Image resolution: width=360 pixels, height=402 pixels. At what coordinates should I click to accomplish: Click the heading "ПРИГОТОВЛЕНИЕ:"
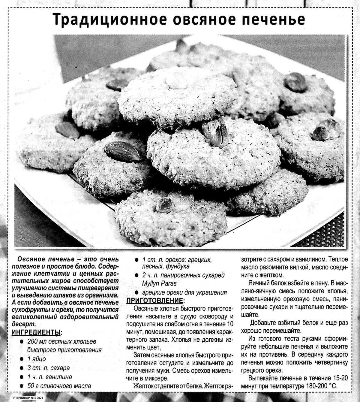coord(154,301)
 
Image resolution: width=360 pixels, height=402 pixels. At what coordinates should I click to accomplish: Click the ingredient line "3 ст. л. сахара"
coord(48,368)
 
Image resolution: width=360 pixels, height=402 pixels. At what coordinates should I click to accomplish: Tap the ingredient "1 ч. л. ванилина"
coord(49,377)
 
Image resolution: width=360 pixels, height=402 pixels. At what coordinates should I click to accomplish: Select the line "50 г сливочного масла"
coord(59,386)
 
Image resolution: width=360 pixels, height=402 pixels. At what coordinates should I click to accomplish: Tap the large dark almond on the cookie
coord(122,152)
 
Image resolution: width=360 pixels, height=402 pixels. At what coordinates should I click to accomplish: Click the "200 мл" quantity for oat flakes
coord(36,341)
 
